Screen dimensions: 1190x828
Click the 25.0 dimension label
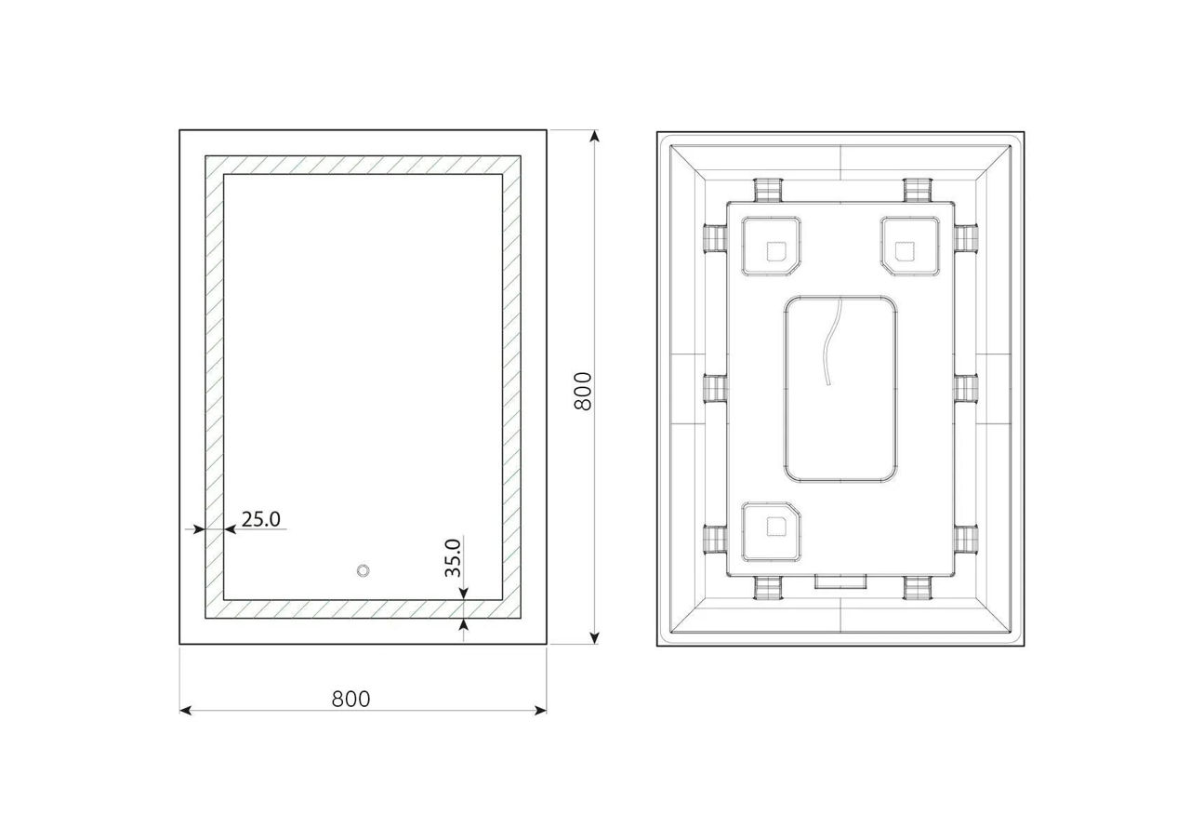(x=261, y=519)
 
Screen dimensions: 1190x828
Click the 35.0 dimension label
(x=453, y=558)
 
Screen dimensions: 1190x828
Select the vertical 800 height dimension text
(x=583, y=391)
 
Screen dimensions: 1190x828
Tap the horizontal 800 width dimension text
(x=350, y=699)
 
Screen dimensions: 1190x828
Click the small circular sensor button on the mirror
(x=363, y=571)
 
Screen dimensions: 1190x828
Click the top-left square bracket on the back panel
(x=771, y=246)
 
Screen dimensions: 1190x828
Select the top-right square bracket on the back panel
(x=910, y=246)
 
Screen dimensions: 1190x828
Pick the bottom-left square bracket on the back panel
(x=771, y=531)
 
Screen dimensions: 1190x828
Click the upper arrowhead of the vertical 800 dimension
(x=595, y=136)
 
